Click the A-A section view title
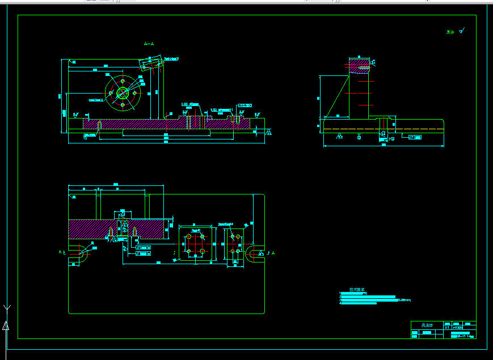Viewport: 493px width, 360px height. coord(149,44)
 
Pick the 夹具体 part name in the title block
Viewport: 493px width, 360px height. coord(427,325)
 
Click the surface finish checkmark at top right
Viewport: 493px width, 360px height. coord(462,31)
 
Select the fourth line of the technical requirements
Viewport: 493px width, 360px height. coord(359,303)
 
